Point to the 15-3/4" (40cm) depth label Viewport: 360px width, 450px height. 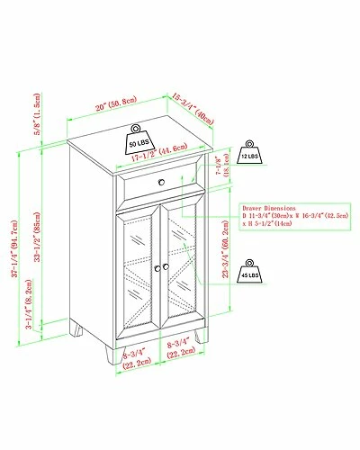(194, 111)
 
